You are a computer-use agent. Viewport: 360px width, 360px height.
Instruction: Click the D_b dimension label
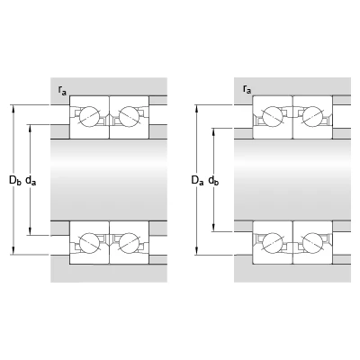(15, 180)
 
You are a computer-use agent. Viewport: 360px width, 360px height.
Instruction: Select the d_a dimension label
(31, 180)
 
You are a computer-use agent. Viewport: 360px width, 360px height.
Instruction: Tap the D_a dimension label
(197, 180)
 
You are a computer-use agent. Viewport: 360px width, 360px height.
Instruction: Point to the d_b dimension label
(213, 180)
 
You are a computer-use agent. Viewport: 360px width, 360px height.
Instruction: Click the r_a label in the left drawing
(62, 90)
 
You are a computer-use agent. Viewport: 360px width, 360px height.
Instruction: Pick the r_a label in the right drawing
(247, 89)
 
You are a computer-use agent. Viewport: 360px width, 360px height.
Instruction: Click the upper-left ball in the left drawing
(89, 116)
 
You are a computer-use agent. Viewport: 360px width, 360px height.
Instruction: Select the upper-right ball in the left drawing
(130, 116)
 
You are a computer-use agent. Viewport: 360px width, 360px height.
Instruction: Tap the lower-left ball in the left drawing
(89, 242)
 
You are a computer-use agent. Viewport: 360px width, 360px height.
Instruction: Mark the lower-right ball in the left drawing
(130, 242)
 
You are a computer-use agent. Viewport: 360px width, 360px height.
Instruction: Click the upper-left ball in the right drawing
(273, 116)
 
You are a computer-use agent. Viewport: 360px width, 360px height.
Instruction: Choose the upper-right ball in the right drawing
(312, 116)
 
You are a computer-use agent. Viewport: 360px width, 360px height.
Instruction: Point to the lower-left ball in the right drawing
(273, 242)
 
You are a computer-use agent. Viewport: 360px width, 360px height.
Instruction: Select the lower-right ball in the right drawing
(312, 242)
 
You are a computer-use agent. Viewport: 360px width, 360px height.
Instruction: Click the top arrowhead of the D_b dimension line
(13, 109)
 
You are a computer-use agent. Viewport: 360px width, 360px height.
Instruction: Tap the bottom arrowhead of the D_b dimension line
(13, 251)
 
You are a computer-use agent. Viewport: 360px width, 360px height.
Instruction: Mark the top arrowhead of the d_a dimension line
(30, 128)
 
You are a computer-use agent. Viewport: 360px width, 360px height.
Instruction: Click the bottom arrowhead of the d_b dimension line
(213, 228)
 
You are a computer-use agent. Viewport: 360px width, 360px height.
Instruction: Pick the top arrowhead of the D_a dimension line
(196, 109)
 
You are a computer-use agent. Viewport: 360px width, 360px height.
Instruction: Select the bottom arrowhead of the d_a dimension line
(30, 231)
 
